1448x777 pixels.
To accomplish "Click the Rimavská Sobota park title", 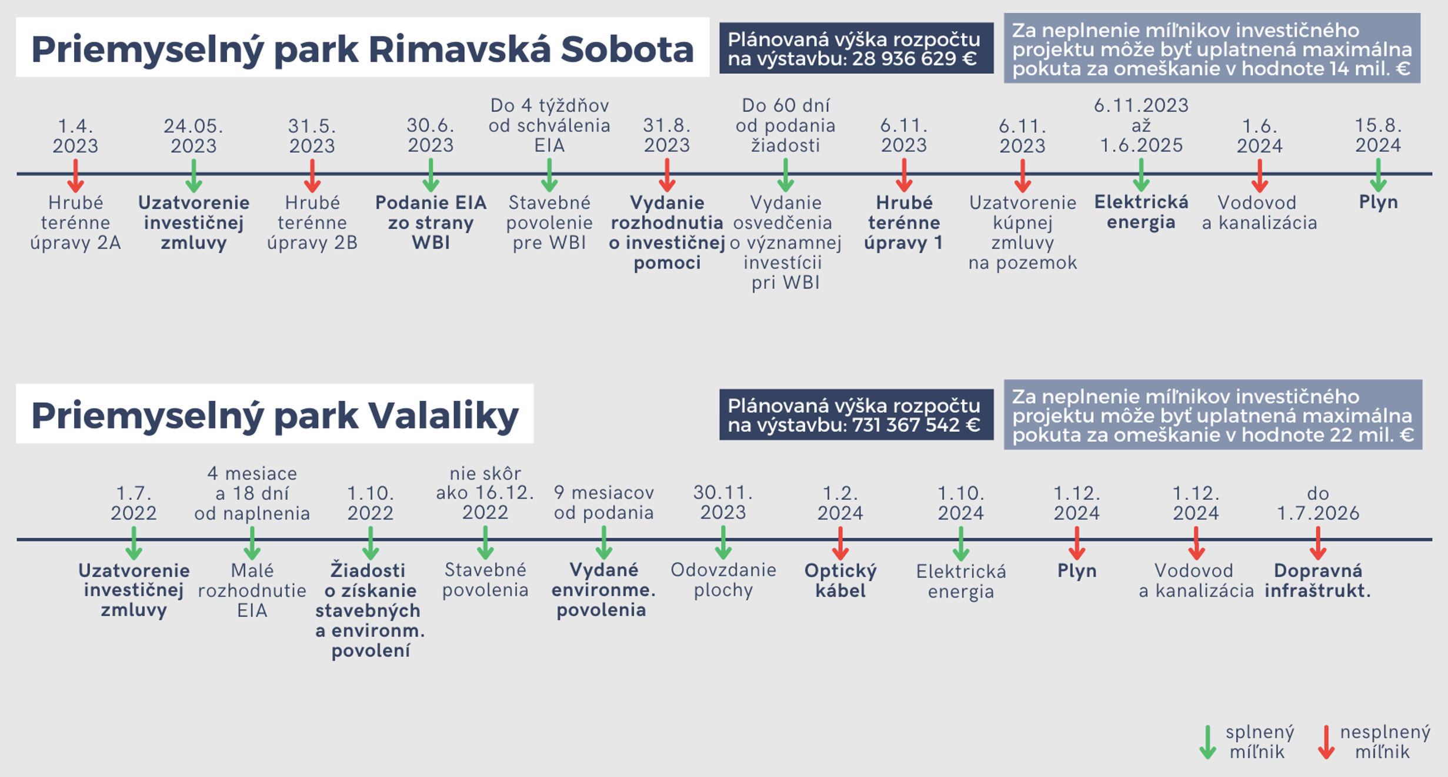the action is tap(362, 48).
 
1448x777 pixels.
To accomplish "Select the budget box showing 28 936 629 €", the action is tap(856, 49).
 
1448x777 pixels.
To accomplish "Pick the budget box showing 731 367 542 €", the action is tap(856, 415).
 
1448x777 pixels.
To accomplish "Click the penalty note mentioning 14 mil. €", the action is tap(1212, 49).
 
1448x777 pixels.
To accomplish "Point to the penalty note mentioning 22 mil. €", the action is tap(1213, 415).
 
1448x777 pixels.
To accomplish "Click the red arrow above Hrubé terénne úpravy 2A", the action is tap(75, 176).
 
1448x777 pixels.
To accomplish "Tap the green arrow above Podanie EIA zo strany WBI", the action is tap(431, 176).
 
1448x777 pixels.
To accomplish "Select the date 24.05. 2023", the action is tap(193, 135).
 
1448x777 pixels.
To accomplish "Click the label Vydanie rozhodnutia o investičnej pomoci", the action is tap(667, 233).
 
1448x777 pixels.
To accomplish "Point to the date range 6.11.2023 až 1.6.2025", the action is tap(1141, 125).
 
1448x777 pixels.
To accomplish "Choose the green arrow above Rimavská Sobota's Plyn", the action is tap(1378, 176).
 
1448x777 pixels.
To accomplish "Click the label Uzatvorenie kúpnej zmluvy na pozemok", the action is tap(1023, 233).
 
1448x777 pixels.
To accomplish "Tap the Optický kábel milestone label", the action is tap(840, 580).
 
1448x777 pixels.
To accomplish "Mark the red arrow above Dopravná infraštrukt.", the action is tap(1318, 543).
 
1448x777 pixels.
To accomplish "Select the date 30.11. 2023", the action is tap(723, 502).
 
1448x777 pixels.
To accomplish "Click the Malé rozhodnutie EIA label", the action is tap(252, 590).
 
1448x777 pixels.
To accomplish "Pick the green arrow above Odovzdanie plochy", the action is tap(723, 543).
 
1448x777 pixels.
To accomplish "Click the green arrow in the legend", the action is tap(1207, 742).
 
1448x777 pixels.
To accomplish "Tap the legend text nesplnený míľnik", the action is tap(1384, 742).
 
